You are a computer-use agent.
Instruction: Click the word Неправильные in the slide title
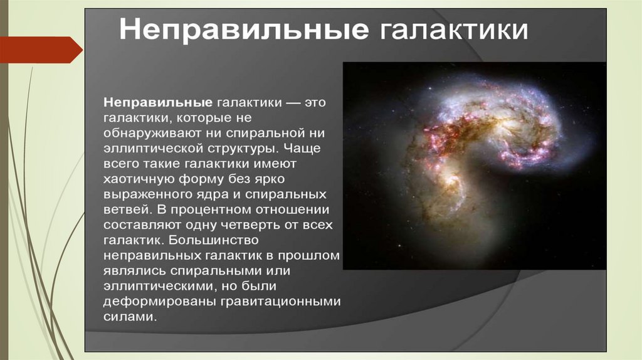pos(244,30)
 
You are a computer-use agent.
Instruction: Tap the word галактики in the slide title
pos(454,30)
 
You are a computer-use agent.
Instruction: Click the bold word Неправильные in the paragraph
pos(158,103)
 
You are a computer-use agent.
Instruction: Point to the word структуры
pos(243,149)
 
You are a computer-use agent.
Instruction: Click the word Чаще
pos(302,147)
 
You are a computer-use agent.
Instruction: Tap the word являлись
pos(135,271)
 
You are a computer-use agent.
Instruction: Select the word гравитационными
pos(281,302)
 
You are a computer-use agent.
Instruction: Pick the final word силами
pos(130,317)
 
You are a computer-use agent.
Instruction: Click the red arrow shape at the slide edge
pos(41,50)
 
